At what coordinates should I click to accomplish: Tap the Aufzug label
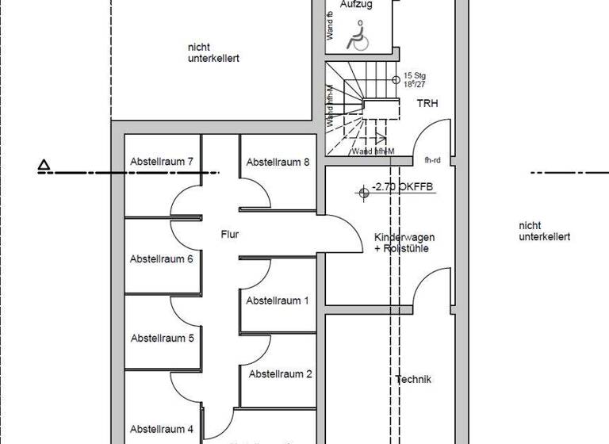click(x=356, y=5)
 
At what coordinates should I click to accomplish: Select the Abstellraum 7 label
click(x=162, y=162)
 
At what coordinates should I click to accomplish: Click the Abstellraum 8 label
click(x=278, y=163)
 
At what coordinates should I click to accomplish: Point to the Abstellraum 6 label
click(x=162, y=259)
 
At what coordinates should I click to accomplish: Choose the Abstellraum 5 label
click(x=162, y=338)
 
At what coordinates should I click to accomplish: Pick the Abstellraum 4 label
click(x=162, y=429)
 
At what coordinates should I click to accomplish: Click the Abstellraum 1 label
click(x=278, y=300)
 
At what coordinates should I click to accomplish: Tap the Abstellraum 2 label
click(x=281, y=373)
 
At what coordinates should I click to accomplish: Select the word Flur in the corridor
click(x=230, y=235)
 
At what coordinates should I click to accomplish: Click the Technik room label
click(x=413, y=380)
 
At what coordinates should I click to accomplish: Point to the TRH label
click(x=427, y=104)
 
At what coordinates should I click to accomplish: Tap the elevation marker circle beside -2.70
click(x=364, y=191)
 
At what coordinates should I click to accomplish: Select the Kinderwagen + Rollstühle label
click(x=404, y=243)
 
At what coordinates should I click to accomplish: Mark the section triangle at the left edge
click(x=45, y=166)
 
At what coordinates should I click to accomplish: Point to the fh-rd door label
click(x=432, y=159)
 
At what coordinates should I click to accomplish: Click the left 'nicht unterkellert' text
click(x=213, y=53)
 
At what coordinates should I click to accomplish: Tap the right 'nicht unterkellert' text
click(x=545, y=231)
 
